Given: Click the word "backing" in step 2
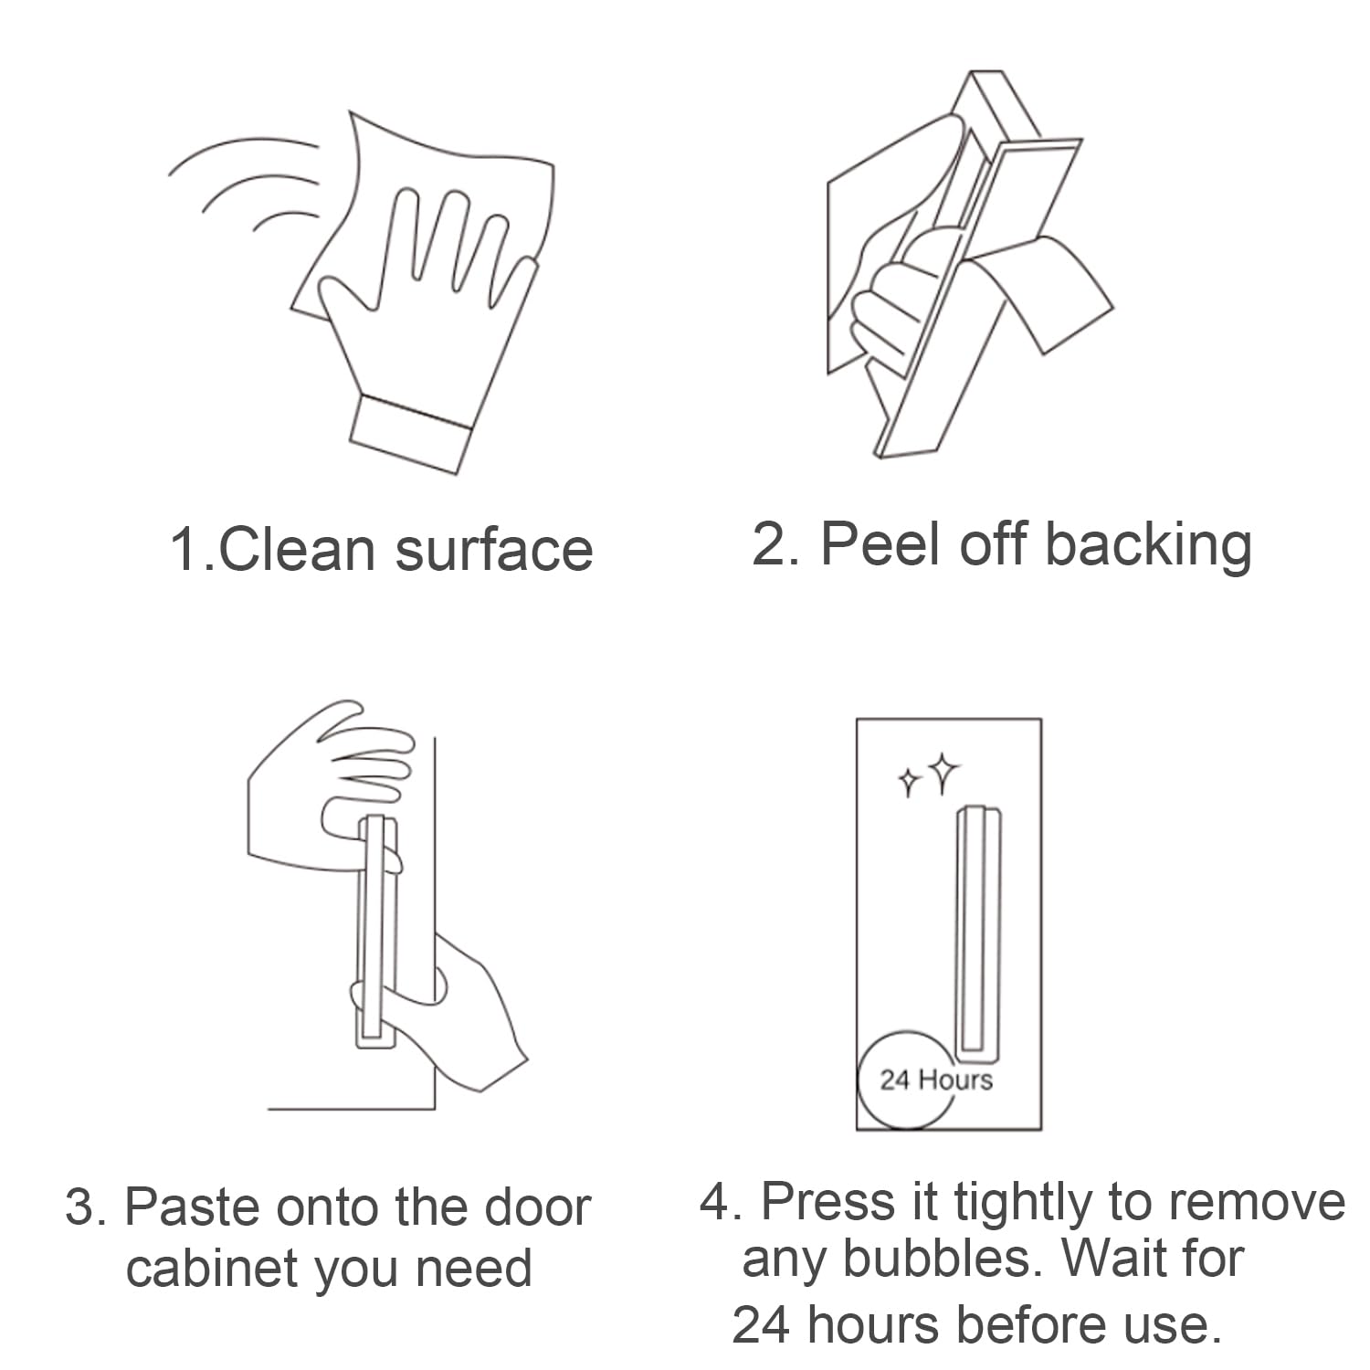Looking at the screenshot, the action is [x=1148, y=546].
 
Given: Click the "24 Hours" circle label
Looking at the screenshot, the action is [x=935, y=1080].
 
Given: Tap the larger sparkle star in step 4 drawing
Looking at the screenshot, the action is [x=943, y=773].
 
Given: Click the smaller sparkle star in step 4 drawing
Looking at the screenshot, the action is [x=909, y=782].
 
